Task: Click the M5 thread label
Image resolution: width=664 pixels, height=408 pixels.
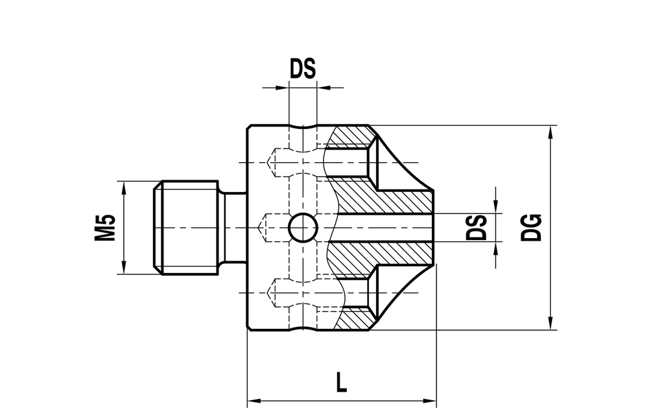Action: click(105, 228)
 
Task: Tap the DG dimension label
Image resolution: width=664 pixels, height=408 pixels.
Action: click(531, 228)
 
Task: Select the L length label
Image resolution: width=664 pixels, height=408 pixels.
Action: click(341, 382)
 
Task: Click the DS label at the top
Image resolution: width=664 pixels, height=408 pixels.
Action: click(303, 68)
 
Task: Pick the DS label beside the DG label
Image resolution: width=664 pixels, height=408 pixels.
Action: click(477, 228)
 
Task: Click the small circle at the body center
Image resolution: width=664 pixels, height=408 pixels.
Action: click(303, 228)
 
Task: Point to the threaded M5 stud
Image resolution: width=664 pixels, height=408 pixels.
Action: click(185, 228)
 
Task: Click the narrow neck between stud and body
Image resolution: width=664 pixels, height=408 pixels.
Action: click(233, 228)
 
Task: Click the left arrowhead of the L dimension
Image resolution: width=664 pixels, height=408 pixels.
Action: click(254, 400)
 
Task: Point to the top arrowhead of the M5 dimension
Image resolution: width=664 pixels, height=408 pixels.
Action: click(124, 187)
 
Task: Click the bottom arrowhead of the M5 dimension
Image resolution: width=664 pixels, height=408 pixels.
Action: click(124, 267)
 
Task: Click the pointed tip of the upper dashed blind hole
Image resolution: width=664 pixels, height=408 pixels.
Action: click(267, 162)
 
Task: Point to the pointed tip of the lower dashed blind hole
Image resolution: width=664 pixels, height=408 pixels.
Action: click(267, 293)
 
